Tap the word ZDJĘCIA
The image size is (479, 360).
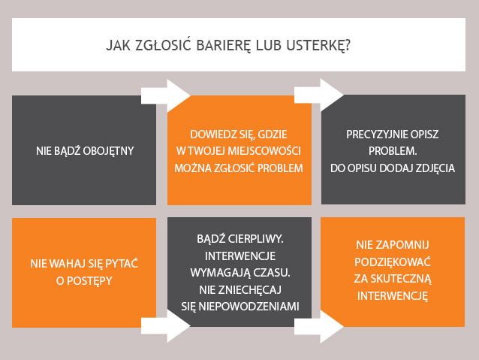pyautogui.click(x=435, y=168)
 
